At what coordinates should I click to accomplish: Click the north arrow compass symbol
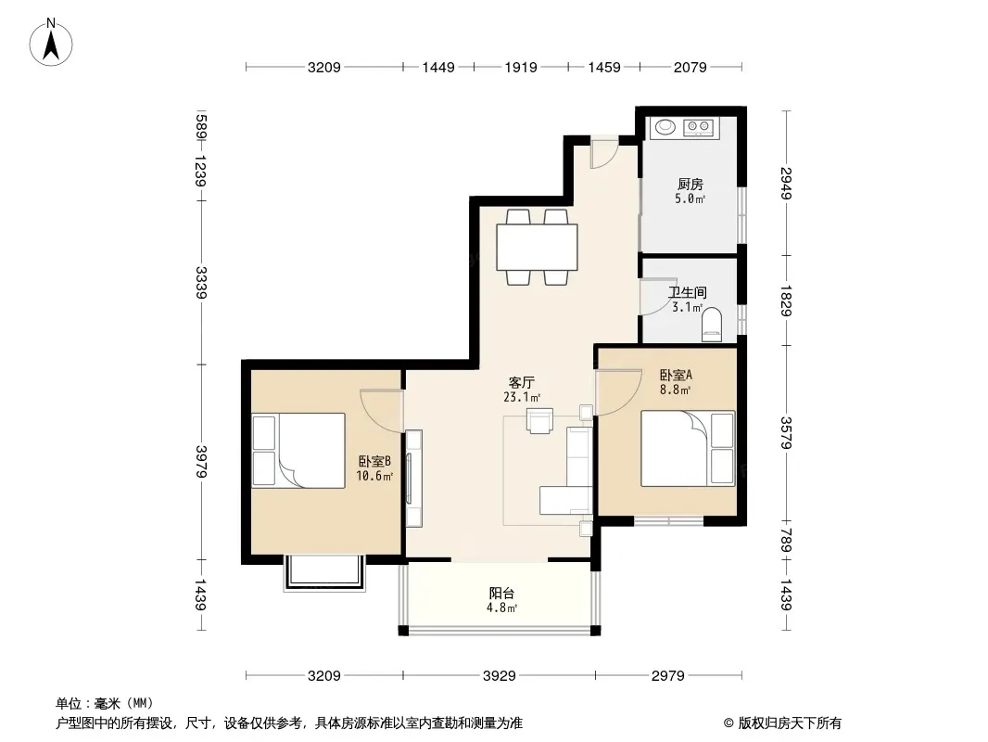[x=51, y=42]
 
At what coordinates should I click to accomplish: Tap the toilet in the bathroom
[x=712, y=325]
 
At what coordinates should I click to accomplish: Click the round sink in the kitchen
[x=665, y=127]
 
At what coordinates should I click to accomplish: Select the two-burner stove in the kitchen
[x=698, y=127]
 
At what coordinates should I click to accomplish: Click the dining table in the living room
[x=537, y=247]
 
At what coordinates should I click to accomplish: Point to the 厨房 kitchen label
[x=690, y=184]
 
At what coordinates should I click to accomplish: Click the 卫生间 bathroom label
[x=687, y=292]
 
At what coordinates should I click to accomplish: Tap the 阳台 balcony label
[x=501, y=594]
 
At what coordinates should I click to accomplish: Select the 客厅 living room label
[x=522, y=383]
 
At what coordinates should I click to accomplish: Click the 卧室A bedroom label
[x=676, y=375]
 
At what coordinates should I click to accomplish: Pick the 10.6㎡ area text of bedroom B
[x=374, y=477]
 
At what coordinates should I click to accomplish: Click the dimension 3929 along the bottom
[x=499, y=676]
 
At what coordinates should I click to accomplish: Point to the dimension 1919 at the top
[x=521, y=68]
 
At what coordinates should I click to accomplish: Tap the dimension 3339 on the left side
[x=201, y=283]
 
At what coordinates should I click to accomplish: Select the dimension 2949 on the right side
[x=786, y=183]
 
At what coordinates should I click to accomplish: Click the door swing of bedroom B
[x=382, y=410]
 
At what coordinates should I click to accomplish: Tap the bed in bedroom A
[x=688, y=448]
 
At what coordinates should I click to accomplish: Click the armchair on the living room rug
[x=540, y=420]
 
